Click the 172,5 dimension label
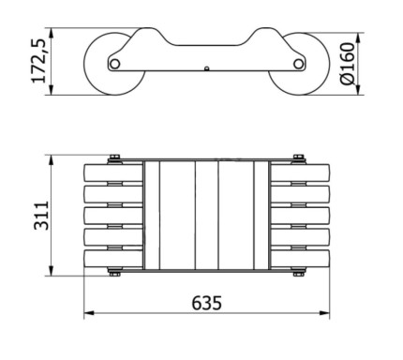coord(39,62)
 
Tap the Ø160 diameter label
coord(348,64)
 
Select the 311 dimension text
coord(41,216)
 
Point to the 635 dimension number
coord(207,303)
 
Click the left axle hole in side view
coord(115,64)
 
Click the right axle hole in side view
coord(298,64)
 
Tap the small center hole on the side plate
coord(206,68)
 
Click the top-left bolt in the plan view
coord(114,158)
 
